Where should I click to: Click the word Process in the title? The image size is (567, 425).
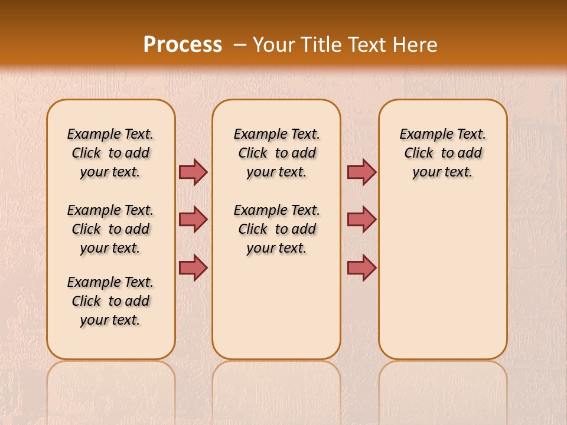click(183, 45)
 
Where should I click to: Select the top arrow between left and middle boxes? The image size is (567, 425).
click(193, 172)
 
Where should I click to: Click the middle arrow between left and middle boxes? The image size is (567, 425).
click(193, 220)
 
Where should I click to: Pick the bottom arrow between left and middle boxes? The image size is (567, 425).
click(193, 267)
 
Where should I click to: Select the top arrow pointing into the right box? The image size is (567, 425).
click(361, 172)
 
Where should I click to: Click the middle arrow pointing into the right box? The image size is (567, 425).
click(361, 220)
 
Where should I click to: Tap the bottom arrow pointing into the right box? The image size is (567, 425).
click(361, 267)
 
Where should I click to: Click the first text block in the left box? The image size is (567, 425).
click(110, 153)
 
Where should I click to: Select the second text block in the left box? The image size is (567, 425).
click(110, 229)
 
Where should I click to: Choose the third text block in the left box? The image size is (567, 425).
click(110, 301)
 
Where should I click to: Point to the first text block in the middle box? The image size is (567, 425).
click(277, 153)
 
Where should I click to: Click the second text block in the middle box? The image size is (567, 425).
click(277, 229)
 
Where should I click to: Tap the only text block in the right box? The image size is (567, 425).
click(443, 153)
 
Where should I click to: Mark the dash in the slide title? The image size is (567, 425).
click(239, 45)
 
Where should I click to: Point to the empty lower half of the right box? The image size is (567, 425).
click(443, 283)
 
